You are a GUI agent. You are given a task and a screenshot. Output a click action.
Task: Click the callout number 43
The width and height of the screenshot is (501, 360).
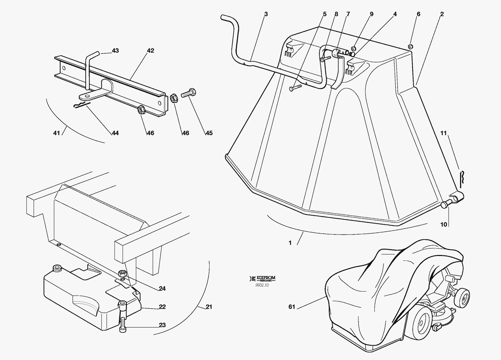[115, 51]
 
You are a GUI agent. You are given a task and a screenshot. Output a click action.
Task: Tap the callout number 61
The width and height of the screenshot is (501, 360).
[291, 307]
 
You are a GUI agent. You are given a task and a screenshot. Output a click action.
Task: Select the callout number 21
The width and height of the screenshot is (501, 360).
[209, 307]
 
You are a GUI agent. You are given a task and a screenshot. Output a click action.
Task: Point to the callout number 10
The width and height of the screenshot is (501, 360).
[444, 224]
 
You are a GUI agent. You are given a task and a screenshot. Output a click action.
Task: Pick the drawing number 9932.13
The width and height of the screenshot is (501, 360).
[262, 285]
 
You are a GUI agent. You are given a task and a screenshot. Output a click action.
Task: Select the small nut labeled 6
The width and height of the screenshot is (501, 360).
[410, 46]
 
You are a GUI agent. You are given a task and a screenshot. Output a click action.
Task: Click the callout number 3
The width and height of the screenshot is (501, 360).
[266, 14]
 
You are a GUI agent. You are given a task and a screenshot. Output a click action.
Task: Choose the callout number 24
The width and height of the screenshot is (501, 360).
[162, 289]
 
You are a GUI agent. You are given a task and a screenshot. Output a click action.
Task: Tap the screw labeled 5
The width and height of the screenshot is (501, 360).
[295, 88]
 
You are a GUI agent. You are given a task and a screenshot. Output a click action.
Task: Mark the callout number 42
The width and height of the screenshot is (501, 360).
[150, 51]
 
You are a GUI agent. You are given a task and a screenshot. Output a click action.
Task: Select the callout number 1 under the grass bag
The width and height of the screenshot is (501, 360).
[290, 243]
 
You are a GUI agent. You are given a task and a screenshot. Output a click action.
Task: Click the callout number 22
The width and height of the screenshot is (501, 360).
[162, 307]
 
